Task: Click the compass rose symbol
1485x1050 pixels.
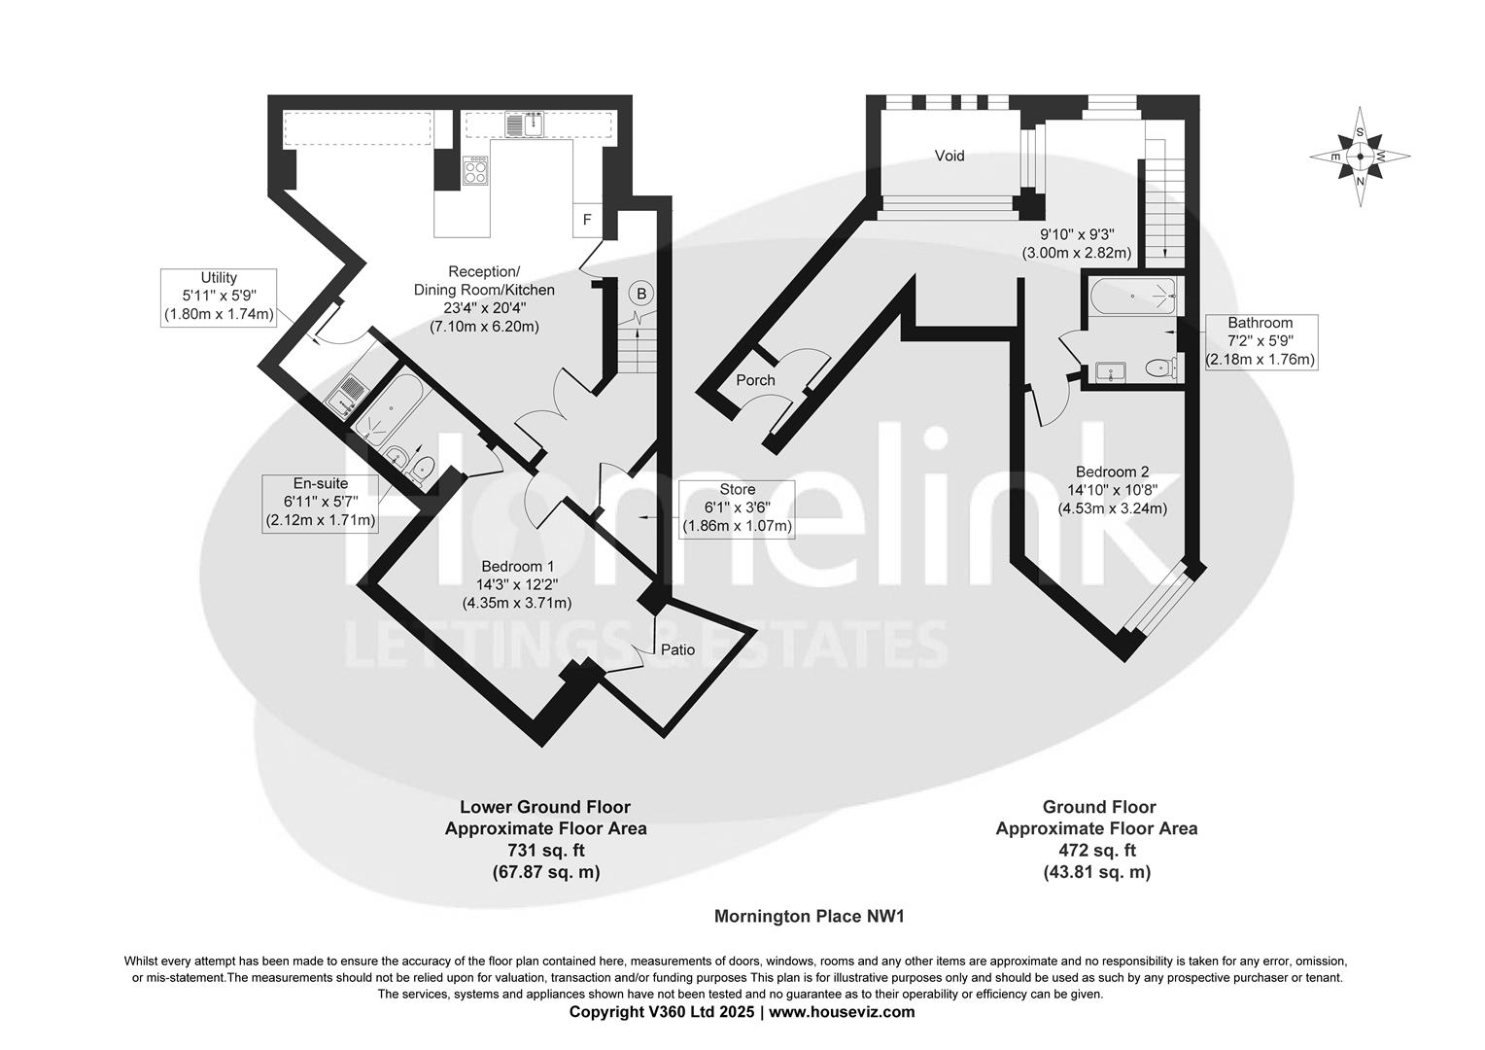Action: click(1360, 157)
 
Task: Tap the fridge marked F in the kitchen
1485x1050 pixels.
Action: click(586, 220)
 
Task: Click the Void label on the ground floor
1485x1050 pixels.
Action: click(949, 156)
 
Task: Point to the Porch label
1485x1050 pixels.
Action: click(755, 380)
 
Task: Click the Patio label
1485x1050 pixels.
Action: click(677, 648)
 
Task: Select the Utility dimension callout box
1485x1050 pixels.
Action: click(219, 297)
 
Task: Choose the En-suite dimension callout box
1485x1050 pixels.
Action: click(320, 502)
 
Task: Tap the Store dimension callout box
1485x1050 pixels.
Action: click(737, 507)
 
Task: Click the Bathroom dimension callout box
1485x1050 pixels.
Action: click(1260, 341)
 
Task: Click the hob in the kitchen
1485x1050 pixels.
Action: click(476, 172)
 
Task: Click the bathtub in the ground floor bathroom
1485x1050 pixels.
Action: click(1133, 295)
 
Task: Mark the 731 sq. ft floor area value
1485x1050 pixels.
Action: click(544, 851)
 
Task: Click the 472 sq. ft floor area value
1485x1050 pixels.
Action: click(1095, 851)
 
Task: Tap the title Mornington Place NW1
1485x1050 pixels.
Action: click(811, 916)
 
